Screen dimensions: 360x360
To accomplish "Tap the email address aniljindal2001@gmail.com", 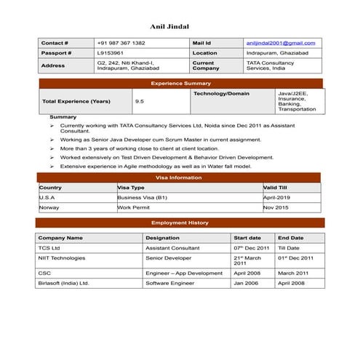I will click(279, 43).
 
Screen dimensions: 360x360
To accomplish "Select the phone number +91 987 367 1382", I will click(121, 43).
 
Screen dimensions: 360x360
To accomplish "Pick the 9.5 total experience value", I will click(139, 101).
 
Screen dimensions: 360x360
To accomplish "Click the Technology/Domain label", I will click(222, 94).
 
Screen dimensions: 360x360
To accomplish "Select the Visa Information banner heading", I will click(179, 177).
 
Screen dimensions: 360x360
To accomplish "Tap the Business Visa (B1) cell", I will click(143, 197).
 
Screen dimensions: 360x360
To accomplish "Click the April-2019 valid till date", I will click(276, 197).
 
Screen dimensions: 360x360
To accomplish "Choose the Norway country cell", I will click(49, 207).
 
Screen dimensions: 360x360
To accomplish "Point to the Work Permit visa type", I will click(134, 207).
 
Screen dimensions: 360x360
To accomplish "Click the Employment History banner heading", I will click(179, 223).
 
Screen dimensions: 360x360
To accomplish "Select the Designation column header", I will click(162, 238).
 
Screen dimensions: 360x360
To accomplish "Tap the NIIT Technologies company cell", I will click(61, 257).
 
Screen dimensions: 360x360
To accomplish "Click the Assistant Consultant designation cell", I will click(172, 247).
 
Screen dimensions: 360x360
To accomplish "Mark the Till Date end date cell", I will click(289, 247).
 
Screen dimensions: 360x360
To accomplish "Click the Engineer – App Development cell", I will click(183, 273).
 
